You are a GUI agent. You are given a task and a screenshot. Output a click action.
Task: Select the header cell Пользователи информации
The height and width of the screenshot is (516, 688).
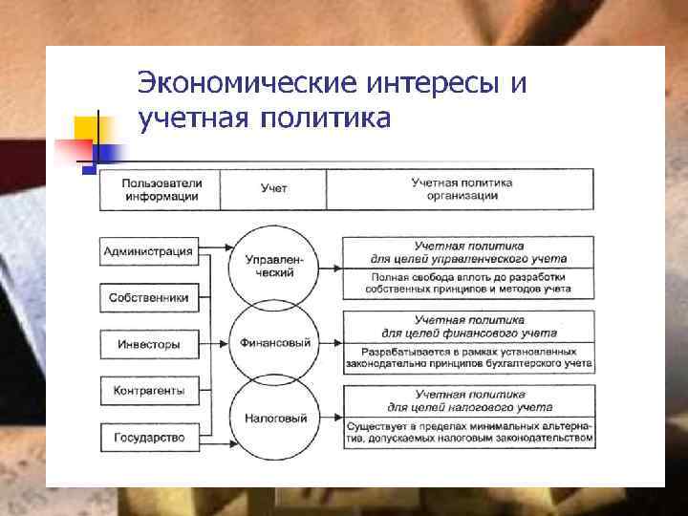point(161,189)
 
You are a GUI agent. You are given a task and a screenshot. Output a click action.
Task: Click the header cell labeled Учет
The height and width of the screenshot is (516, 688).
point(273,189)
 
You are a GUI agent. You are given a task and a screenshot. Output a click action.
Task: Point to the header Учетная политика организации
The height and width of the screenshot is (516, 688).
point(462,189)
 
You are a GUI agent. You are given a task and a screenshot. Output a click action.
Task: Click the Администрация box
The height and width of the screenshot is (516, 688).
point(147,252)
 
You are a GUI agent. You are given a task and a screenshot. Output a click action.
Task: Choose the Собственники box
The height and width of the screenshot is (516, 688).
point(147,298)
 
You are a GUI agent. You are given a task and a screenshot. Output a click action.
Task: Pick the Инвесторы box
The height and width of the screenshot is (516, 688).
point(147,344)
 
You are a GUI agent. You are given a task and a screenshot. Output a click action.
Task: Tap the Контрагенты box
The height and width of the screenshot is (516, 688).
point(147,390)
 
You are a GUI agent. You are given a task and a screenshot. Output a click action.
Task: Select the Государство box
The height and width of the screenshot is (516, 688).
point(147,437)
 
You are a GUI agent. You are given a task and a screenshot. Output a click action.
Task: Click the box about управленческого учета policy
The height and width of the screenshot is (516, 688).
point(468,252)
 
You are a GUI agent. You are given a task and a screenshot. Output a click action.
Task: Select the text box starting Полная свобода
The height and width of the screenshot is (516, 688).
point(468,282)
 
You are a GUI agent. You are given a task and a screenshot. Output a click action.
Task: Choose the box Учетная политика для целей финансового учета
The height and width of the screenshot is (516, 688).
point(468,327)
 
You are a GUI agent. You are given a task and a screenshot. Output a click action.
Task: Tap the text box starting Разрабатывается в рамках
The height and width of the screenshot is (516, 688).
point(468,356)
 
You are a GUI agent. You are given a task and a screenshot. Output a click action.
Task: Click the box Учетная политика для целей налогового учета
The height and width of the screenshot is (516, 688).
point(468,400)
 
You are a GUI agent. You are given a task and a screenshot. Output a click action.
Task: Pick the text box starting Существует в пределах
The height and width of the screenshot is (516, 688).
point(468,431)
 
